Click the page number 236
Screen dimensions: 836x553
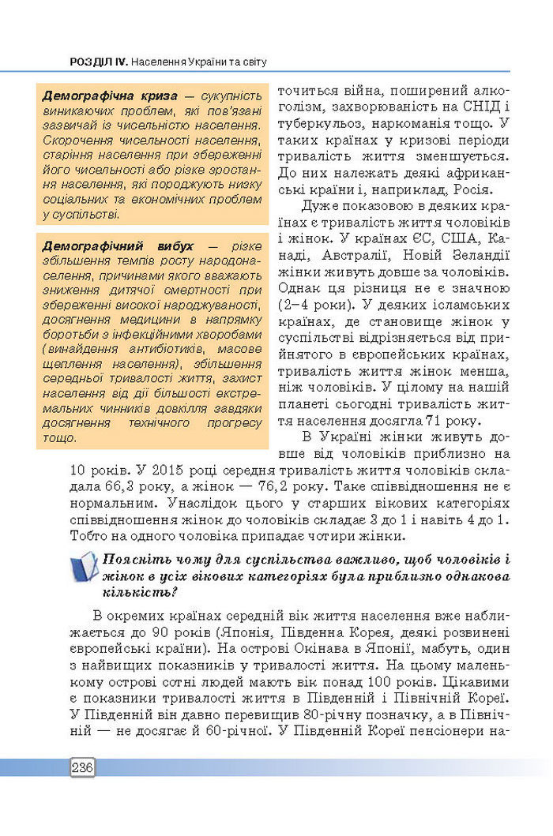pos(82,767)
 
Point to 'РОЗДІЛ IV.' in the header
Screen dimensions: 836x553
pos(98,61)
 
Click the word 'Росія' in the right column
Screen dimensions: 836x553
pos(473,189)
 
